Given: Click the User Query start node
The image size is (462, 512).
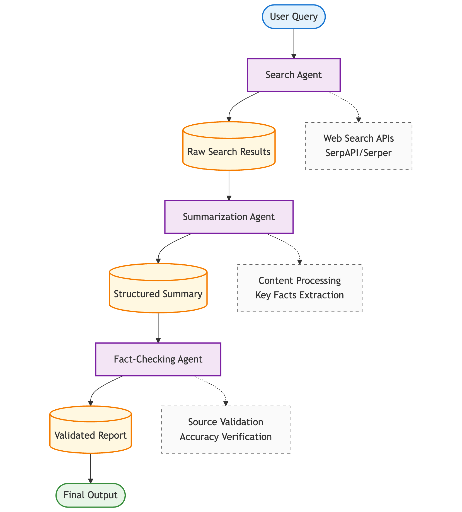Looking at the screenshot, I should (x=294, y=17).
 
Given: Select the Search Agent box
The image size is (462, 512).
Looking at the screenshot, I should (x=294, y=75).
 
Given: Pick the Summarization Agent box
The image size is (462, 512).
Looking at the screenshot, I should (x=229, y=217).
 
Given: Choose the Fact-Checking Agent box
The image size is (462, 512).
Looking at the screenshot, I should (x=158, y=359).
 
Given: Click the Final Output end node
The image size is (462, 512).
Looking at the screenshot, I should (x=91, y=495).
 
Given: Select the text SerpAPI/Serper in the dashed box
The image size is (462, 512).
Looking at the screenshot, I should (x=359, y=153).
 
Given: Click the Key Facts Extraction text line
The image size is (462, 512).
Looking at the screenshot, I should (x=299, y=295).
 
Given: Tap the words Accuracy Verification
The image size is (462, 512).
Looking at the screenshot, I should (x=226, y=437).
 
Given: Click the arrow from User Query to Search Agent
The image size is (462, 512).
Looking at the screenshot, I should (x=294, y=43).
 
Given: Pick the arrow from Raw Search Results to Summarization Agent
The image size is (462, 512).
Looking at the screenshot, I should (x=229, y=185).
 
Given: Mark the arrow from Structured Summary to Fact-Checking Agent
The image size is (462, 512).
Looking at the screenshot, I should (x=158, y=327).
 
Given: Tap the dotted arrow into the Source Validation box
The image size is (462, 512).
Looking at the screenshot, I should (x=219, y=389).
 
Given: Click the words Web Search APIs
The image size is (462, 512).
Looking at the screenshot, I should (x=359, y=138).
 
